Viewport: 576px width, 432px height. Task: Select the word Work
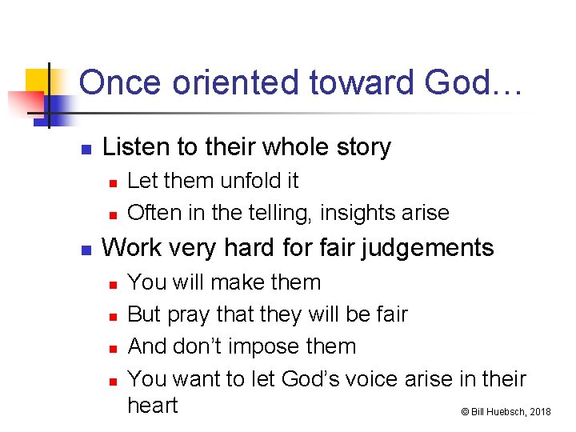(x=130, y=248)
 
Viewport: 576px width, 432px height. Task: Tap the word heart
(x=153, y=406)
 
